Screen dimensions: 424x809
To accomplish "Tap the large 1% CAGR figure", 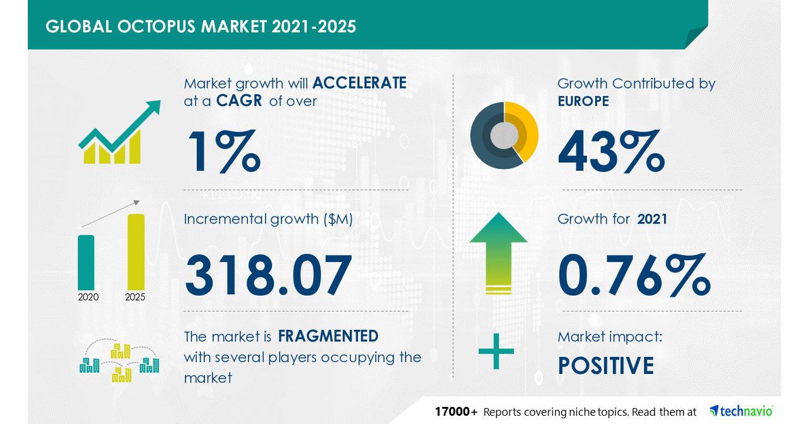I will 222,153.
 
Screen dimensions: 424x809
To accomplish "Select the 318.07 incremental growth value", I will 268,275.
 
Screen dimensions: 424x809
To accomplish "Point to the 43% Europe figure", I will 611,152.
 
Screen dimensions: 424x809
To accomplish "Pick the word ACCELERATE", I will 359,83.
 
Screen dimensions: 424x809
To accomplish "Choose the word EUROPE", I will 583,101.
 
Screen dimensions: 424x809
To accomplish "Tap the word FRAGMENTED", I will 328,335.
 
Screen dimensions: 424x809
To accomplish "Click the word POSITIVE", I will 605,366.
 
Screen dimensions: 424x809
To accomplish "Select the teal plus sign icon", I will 496,352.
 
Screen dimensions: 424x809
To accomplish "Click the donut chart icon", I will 503,135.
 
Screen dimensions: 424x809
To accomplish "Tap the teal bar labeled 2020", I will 86,262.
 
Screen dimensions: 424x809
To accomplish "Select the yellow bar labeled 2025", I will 136,252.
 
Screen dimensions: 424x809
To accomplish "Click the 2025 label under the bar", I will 135,297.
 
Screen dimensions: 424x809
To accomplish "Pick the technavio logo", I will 741,411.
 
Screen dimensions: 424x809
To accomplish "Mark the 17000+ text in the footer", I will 455,412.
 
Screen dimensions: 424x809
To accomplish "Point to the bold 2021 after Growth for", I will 652,219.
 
